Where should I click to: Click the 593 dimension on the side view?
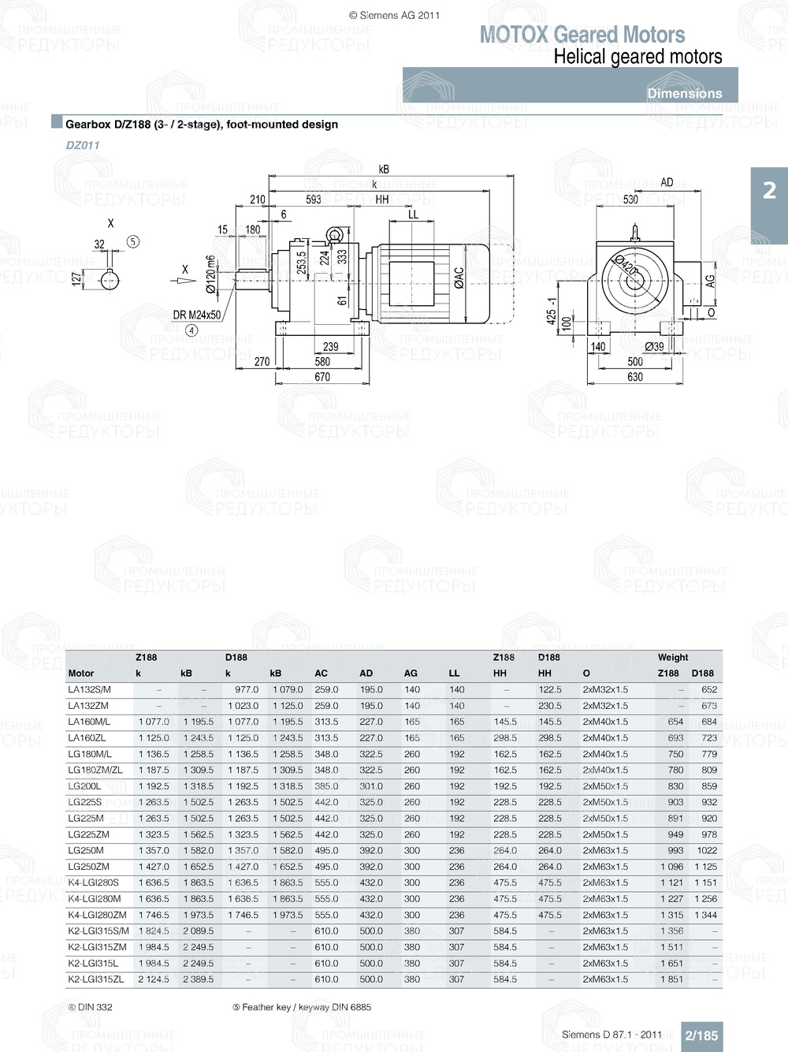point(314,200)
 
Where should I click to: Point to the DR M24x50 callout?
point(197,315)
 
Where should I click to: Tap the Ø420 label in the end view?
point(626,265)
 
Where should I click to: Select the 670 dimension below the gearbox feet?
point(322,377)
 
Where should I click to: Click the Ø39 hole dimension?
point(654,346)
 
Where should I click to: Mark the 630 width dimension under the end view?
point(635,377)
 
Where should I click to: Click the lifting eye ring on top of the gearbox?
point(335,234)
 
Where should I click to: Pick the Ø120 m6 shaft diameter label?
point(210,274)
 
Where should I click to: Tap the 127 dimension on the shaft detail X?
point(76,279)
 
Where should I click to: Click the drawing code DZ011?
point(83,145)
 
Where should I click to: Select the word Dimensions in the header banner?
point(684,93)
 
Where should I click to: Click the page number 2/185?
point(701,1035)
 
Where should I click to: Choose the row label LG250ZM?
point(89,867)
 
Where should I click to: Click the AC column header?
point(321,673)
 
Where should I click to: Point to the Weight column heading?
point(673,657)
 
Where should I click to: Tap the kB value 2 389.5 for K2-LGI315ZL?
point(198,979)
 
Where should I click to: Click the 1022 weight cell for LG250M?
point(707,851)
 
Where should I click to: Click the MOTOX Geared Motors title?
point(582,35)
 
